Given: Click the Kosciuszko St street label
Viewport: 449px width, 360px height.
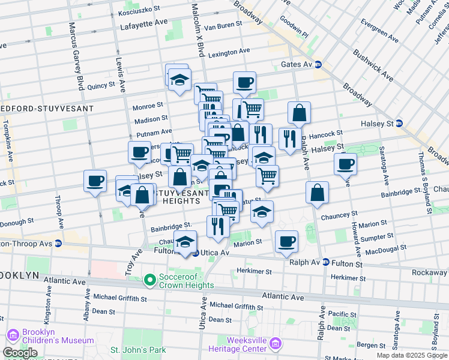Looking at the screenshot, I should pyautogui.click(x=139, y=10).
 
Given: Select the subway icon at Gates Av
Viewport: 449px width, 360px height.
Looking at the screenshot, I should pyautogui.click(x=318, y=64).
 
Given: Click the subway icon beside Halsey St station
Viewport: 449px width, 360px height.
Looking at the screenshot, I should pyautogui.click(x=399, y=124).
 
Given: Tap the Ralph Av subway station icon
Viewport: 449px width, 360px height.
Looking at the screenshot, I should pyautogui.click(x=325, y=262).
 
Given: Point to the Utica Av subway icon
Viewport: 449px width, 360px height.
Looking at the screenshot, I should pyautogui.click(x=195, y=253).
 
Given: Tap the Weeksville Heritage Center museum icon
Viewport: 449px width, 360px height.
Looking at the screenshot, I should pyautogui.click(x=276, y=344).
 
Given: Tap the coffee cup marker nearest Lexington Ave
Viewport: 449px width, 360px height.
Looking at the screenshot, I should pyautogui.click(x=244, y=82).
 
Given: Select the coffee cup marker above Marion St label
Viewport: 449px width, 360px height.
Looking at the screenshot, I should pyautogui.click(x=286, y=241).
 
